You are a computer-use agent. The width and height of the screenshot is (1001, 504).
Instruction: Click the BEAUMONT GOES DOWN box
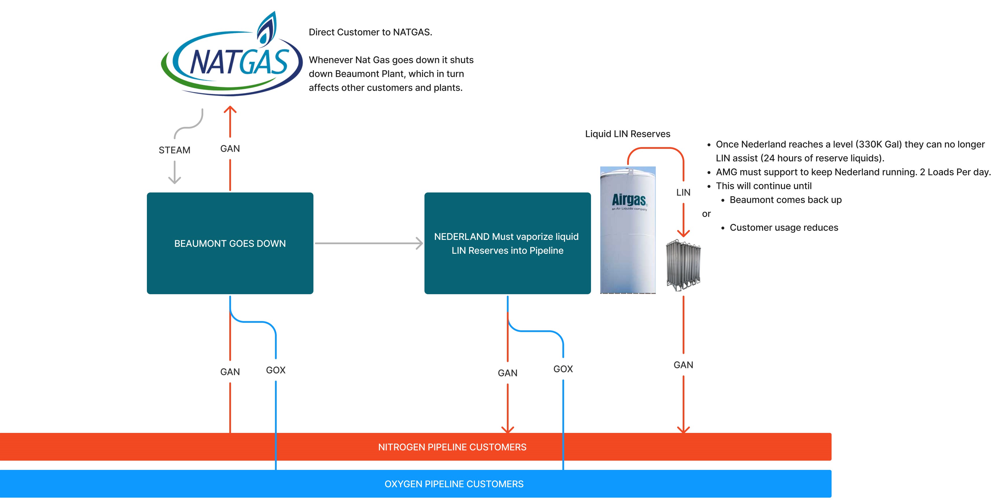click(x=230, y=243)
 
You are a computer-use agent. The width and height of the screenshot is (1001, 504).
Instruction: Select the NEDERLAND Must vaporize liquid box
click(x=507, y=243)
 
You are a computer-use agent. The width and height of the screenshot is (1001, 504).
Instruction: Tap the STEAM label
click(x=174, y=150)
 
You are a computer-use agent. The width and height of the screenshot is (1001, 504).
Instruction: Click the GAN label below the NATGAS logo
click(x=230, y=149)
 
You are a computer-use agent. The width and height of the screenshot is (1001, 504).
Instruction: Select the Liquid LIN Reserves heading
click(x=627, y=134)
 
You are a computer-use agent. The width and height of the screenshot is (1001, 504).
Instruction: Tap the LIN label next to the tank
click(x=683, y=192)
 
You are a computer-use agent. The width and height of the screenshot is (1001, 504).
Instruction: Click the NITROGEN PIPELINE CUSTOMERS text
click(x=452, y=447)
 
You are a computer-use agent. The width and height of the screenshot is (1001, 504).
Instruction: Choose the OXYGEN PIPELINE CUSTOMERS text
click(x=454, y=484)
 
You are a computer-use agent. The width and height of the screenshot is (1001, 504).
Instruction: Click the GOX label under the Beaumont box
click(x=276, y=370)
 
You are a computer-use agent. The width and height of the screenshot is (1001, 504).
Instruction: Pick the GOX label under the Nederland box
click(x=563, y=369)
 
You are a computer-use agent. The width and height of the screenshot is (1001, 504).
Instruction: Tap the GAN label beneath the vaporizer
click(x=683, y=365)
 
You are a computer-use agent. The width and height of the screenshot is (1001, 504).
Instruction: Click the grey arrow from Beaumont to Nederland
click(x=368, y=243)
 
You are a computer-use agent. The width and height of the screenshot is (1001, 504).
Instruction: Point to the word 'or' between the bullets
click(x=706, y=214)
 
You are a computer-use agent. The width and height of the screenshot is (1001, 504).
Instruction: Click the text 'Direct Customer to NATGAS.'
click(x=370, y=32)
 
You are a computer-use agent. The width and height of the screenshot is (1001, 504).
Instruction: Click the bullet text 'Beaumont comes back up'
click(x=785, y=200)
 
